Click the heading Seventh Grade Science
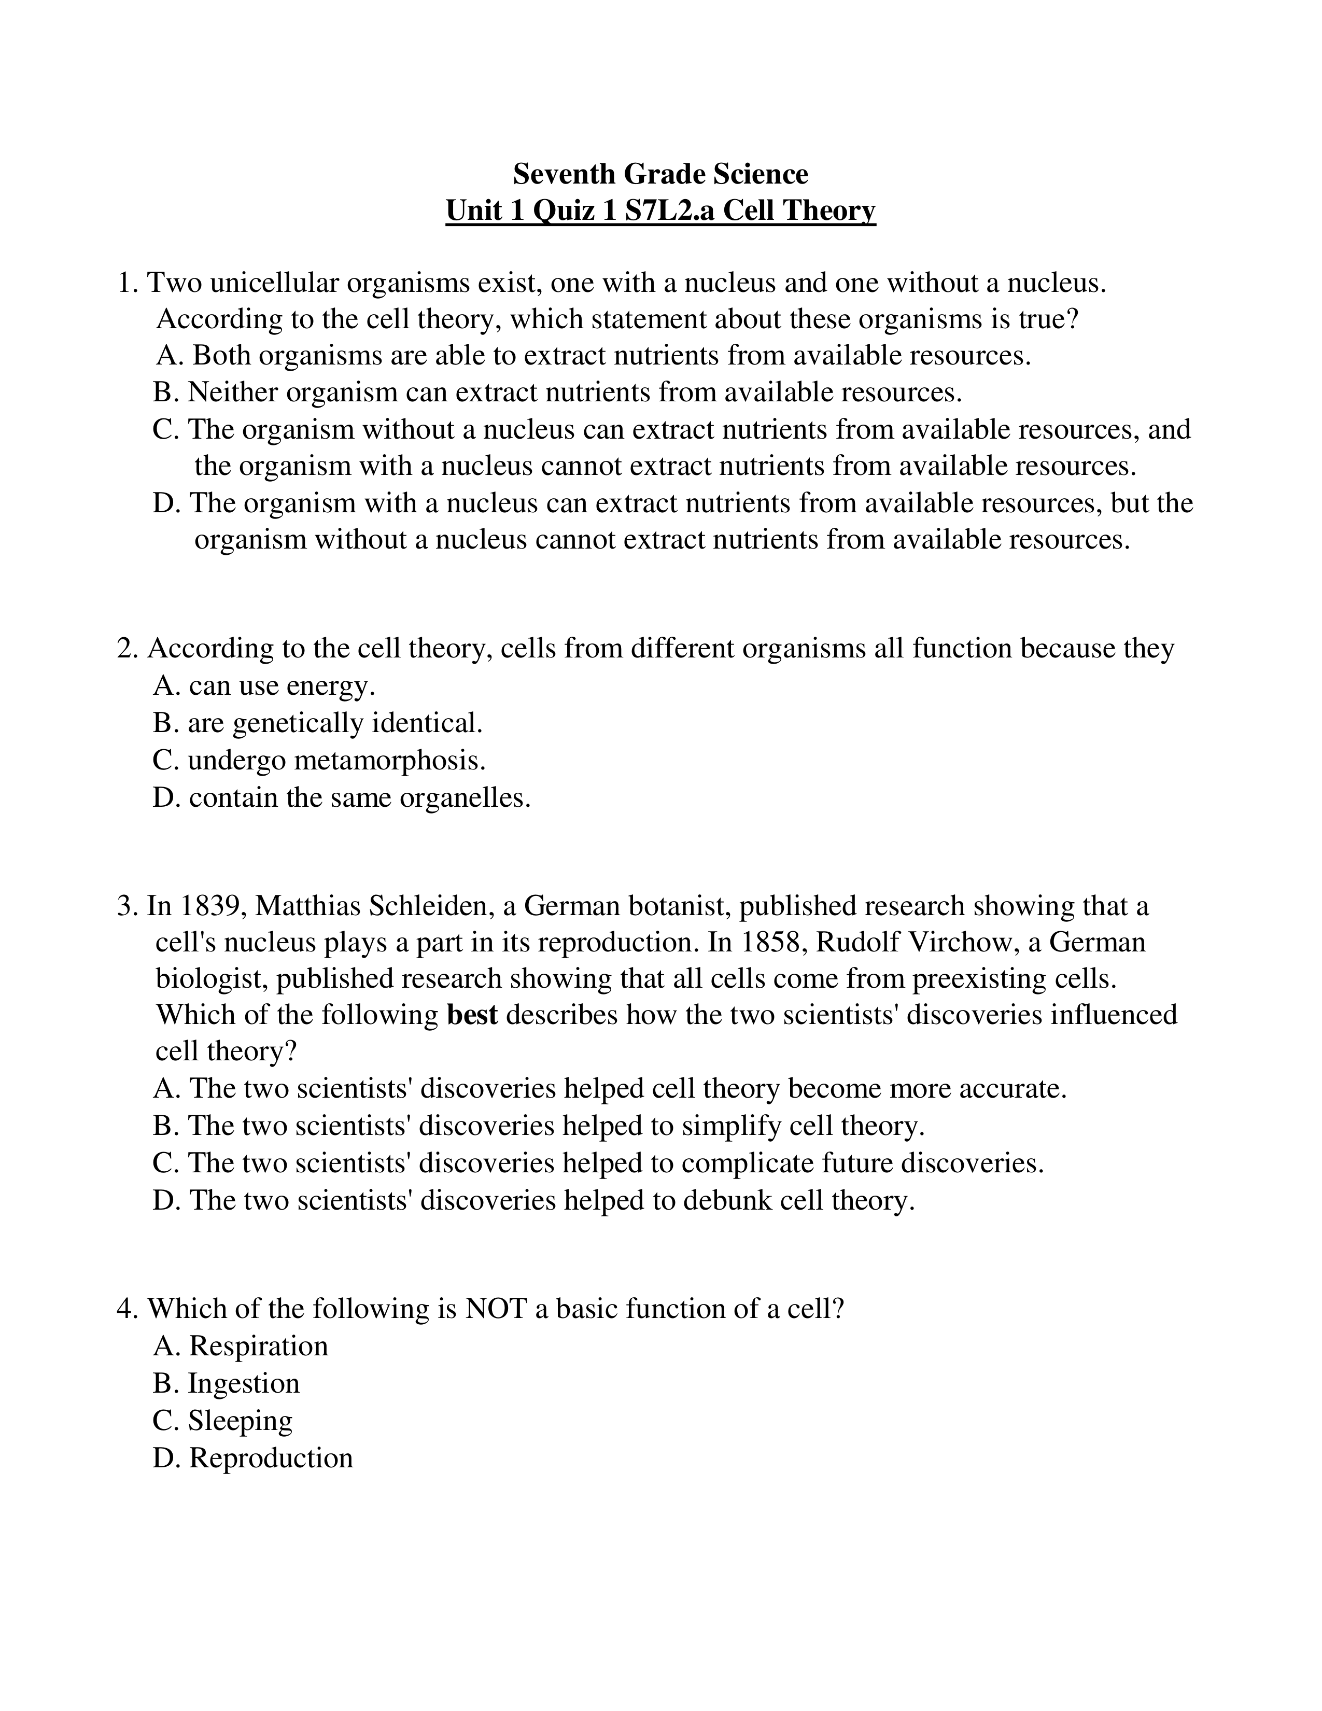[x=660, y=173]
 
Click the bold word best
[x=472, y=1015]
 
